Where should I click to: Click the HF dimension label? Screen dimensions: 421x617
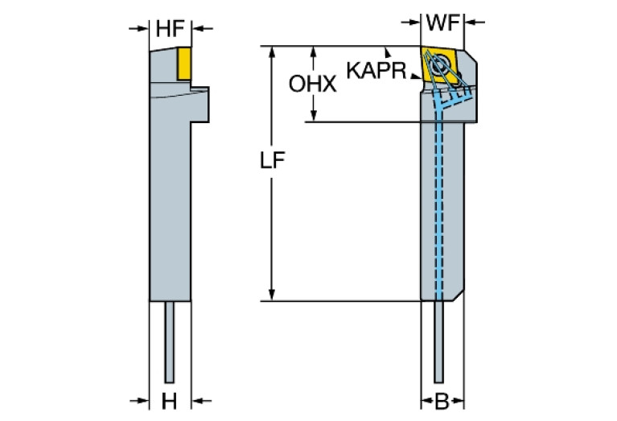(171, 28)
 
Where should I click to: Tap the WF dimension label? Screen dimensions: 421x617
(442, 23)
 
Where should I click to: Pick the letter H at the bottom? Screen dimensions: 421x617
(170, 400)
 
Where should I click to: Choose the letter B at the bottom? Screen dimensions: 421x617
(442, 400)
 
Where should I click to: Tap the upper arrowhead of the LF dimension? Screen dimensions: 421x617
(274, 52)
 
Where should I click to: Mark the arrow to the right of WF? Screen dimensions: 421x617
(471, 23)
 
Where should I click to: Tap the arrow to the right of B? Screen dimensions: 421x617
(468, 400)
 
